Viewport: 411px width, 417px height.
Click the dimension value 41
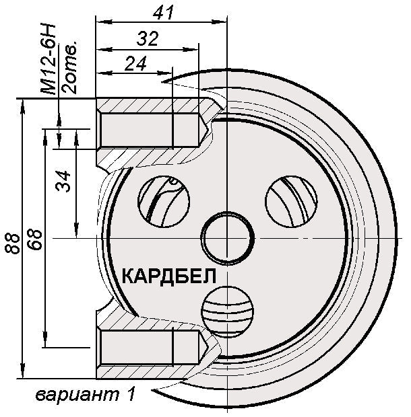click(x=164, y=11)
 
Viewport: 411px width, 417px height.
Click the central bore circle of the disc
click(x=229, y=239)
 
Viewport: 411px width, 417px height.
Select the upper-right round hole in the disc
click(x=292, y=200)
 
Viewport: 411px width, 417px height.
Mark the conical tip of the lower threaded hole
click(x=202, y=348)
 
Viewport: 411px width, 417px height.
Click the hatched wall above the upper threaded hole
click(x=152, y=105)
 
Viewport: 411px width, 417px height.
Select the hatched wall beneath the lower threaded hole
click(x=152, y=372)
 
